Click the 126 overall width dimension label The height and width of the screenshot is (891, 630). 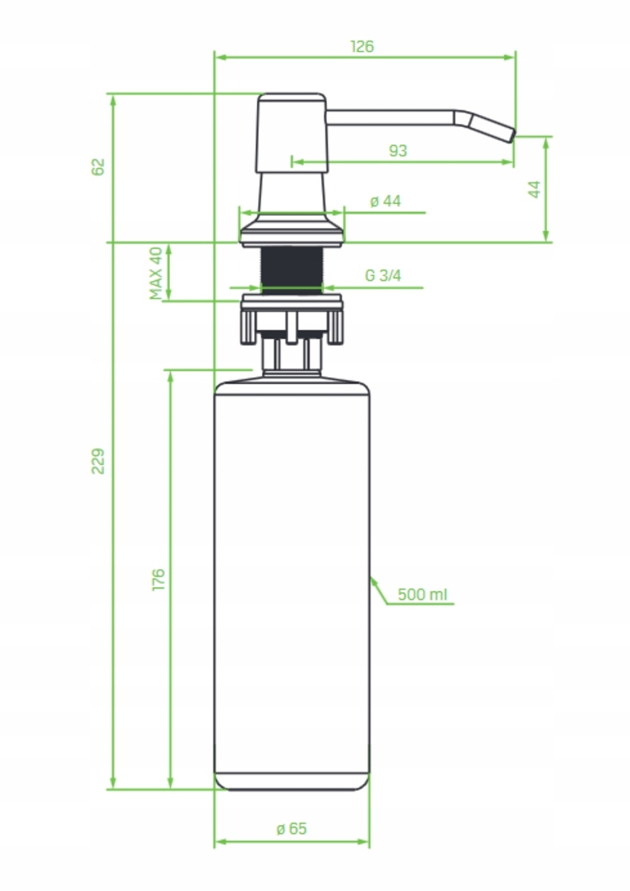click(x=362, y=46)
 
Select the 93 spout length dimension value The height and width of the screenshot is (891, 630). click(x=398, y=150)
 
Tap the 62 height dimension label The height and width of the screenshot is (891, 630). click(x=98, y=167)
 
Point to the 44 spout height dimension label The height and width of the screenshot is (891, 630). click(x=534, y=189)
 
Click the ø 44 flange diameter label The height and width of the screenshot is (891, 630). click(x=386, y=202)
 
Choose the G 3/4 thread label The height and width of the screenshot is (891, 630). click(x=383, y=276)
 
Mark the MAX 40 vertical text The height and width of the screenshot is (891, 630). click(x=156, y=273)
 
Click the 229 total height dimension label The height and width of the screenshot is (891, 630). click(x=98, y=461)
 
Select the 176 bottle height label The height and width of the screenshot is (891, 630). click(x=158, y=578)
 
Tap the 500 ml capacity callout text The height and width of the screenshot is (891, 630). click(x=423, y=594)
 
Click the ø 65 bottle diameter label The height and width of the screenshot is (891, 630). click(x=291, y=829)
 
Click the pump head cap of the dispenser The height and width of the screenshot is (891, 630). click(x=291, y=132)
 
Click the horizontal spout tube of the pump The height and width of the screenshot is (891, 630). click(x=389, y=117)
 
